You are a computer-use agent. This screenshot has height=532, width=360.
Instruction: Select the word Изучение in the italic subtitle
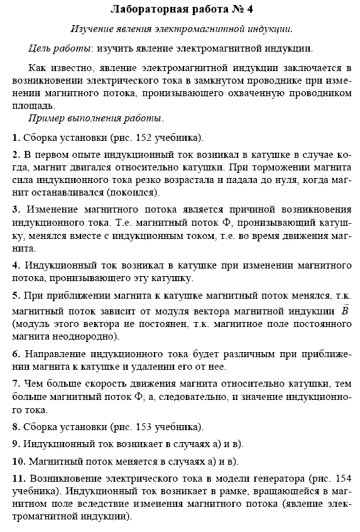pos(94,29)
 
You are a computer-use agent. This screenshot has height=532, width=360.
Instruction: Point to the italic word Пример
pos(48,118)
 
